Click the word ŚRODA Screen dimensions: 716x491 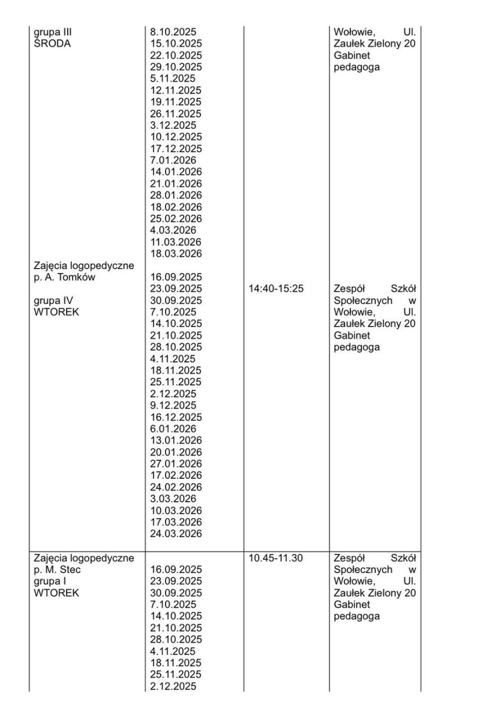[x=52, y=44]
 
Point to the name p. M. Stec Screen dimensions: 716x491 [x=57, y=569]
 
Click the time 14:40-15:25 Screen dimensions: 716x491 [x=276, y=289]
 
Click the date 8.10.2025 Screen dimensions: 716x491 [x=173, y=32]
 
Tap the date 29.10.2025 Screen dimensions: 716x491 [x=176, y=67]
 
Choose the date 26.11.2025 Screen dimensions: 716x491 [x=176, y=114]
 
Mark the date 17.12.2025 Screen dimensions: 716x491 [x=176, y=149]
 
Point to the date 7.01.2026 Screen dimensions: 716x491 [x=173, y=161]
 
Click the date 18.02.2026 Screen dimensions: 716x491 [x=176, y=207]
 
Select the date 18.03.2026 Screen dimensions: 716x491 [x=176, y=253]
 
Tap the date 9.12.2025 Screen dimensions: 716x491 [x=173, y=406]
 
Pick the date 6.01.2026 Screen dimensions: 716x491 [x=173, y=429]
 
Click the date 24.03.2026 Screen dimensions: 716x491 [x=176, y=534]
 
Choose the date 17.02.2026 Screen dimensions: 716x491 [x=176, y=475]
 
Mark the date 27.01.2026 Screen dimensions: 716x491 [x=176, y=464]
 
